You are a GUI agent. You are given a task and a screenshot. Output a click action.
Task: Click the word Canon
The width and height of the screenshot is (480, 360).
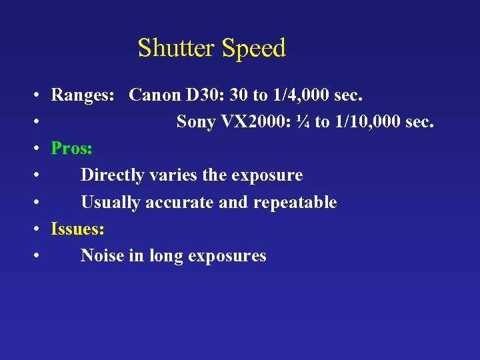click(x=155, y=95)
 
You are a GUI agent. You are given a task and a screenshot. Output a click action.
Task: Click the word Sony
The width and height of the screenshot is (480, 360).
click(x=196, y=122)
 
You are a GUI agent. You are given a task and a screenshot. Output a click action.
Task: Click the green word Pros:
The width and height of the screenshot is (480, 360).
click(x=71, y=149)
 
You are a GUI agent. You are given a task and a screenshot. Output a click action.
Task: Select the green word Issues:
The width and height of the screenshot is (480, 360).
click(x=77, y=229)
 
